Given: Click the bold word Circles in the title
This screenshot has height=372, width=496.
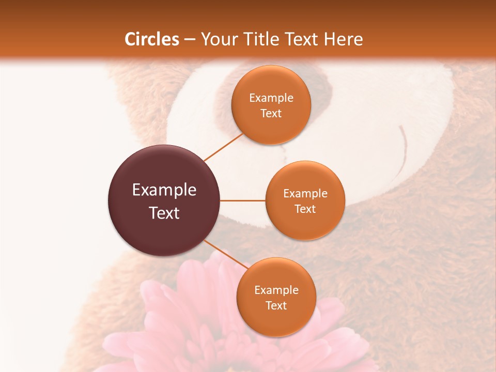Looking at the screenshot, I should coord(151,39).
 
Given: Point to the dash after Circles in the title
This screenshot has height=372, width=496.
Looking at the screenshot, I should coord(190,40).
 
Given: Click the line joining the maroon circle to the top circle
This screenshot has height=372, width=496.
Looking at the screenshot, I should coord(223,147).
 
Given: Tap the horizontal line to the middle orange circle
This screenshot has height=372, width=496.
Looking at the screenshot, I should coord(243,200).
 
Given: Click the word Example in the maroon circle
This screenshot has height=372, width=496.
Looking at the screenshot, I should coord(164,190).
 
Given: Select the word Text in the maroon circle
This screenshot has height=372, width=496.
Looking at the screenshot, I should coord(164,213).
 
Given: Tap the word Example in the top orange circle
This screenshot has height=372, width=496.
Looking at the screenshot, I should coord(271,98).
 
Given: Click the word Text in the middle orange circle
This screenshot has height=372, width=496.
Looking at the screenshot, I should coord(305,209).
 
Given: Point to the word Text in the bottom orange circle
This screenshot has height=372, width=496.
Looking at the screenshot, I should coord(276,306).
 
